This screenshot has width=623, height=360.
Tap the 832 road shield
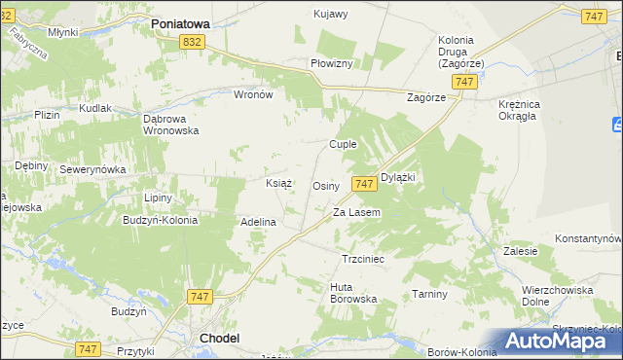click(192, 41)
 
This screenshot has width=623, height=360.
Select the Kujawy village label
click(331, 14)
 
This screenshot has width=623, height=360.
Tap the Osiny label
click(325, 186)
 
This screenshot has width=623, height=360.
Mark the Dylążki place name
click(398, 178)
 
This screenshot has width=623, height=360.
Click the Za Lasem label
click(356, 212)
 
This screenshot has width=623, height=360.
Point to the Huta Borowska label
click(353, 293)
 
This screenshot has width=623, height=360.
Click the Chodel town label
click(219, 338)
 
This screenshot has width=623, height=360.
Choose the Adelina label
click(259, 222)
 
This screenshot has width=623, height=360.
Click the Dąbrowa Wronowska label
click(170, 124)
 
